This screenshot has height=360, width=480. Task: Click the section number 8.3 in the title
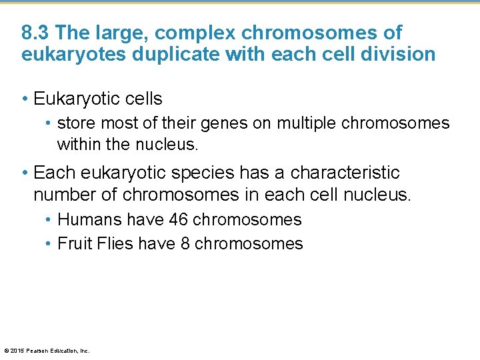pos(34,33)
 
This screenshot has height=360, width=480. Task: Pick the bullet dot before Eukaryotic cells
pos(25,99)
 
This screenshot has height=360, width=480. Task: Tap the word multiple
pos(307,123)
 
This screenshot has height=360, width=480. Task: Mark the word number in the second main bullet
pos(63,195)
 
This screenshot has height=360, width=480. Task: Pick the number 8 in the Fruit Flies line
pos(185,243)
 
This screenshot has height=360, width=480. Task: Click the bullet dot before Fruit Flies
pos(49,244)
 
